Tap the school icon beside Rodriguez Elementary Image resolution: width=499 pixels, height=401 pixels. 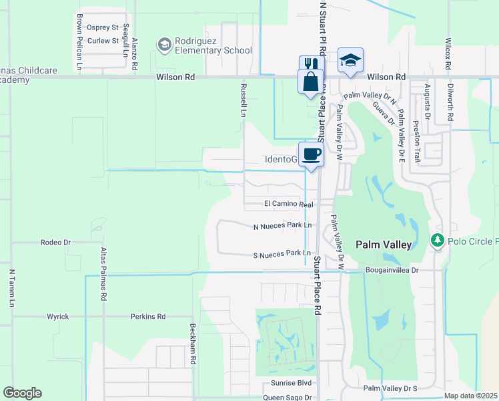(x=164, y=45)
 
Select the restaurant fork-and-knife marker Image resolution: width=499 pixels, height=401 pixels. (x=308, y=65)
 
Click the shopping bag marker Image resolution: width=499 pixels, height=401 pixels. (x=310, y=82)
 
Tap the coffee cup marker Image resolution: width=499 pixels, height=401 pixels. (x=311, y=155)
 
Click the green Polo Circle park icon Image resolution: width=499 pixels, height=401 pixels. (x=438, y=241)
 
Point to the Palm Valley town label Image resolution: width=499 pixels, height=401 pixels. (x=383, y=245)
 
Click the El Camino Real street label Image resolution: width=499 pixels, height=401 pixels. (x=288, y=204)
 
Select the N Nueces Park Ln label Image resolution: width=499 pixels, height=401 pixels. (x=282, y=226)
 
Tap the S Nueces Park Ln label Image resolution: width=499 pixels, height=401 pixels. (x=282, y=254)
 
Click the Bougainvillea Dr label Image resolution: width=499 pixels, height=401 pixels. (x=392, y=270)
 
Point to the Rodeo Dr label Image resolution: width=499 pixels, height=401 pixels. (x=55, y=242)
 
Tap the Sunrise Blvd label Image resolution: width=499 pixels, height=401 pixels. (x=291, y=383)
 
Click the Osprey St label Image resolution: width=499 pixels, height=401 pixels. (x=103, y=27)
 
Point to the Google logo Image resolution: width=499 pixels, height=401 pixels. (x=22, y=393)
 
